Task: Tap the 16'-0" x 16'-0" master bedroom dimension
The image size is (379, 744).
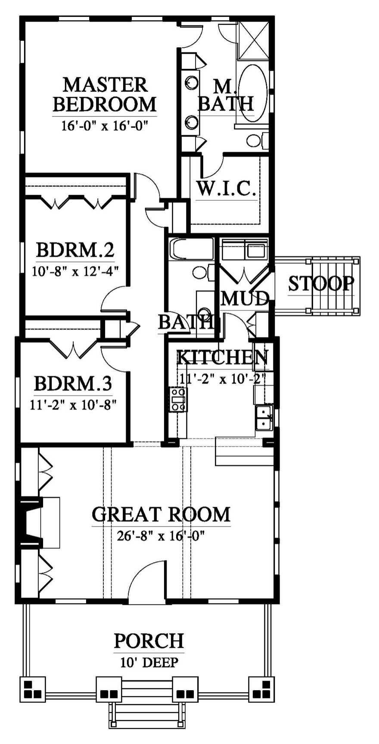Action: [105, 126]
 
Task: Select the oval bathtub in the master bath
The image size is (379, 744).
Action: [253, 94]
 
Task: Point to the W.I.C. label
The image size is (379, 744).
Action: [227, 188]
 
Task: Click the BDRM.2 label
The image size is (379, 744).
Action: [75, 250]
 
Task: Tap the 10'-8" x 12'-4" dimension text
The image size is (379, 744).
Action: [75, 272]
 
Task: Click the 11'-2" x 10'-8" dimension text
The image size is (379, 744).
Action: [73, 405]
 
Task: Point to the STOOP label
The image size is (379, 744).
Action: [321, 284]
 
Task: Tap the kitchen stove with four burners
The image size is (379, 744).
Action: [178, 399]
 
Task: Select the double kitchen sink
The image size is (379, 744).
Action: [264, 418]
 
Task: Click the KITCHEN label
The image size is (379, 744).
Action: [223, 357]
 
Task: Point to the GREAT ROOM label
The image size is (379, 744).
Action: [161, 515]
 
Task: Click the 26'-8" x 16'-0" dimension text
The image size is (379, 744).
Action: [160, 536]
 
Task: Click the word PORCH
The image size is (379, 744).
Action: [149, 641]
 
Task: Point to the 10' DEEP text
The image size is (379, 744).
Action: [149, 662]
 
